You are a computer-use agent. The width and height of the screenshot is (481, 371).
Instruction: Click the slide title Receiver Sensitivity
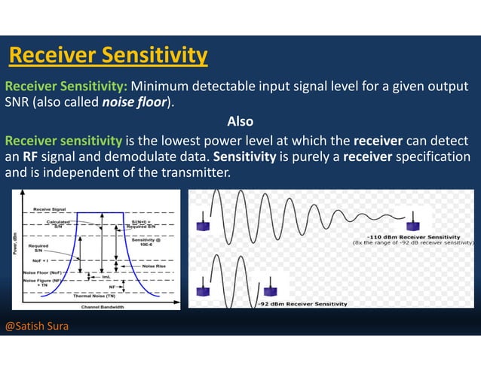click(108, 55)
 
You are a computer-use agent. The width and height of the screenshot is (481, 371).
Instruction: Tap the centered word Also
click(240, 121)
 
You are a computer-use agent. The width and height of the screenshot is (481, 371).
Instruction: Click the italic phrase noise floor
click(133, 102)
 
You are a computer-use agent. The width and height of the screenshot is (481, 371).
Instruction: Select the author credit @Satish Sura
click(37, 327)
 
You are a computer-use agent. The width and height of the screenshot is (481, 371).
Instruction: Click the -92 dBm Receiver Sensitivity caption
click(302, 303)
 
